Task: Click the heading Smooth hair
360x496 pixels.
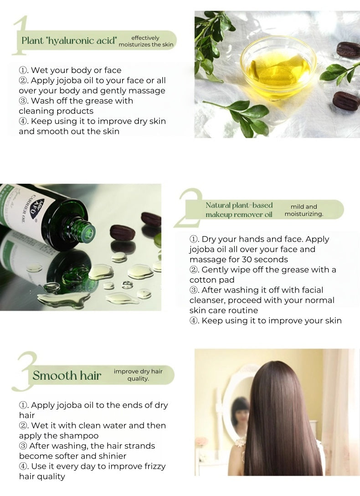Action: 67,376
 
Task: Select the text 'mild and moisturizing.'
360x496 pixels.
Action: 303,210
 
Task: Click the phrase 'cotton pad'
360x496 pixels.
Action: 212,280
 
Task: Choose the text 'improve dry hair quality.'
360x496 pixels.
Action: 138,375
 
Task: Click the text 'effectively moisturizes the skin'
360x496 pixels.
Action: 146,41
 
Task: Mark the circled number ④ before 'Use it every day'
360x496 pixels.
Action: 23,466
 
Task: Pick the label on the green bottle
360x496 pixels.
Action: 27,205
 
